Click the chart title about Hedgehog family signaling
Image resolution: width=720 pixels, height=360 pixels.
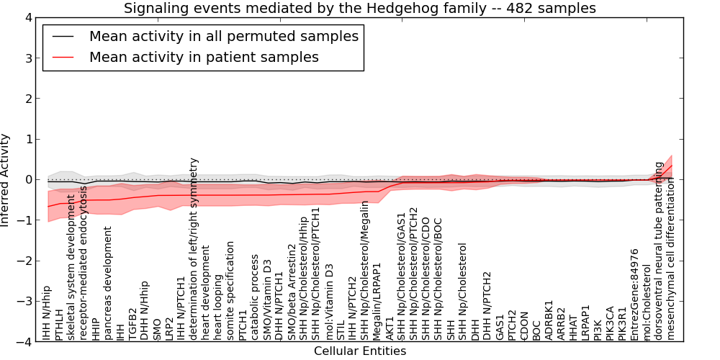tap(359, 9)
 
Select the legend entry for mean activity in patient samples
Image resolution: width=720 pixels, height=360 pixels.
tap(203, 57)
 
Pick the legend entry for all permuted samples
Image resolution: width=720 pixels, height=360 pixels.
tap(223, 36)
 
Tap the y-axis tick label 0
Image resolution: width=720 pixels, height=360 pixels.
tap(27, 180)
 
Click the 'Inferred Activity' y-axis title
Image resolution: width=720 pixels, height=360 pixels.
tap(6, 180)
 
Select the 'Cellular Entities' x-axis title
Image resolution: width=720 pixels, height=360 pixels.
tap(359, 351)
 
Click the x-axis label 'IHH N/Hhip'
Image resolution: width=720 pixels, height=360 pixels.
tap(47, 311)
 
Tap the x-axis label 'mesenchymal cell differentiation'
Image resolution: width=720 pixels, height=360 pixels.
tap(672, 259)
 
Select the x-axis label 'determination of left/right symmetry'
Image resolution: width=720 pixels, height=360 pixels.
tap(194, 248)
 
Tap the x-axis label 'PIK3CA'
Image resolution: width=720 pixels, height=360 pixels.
tap(611, 321)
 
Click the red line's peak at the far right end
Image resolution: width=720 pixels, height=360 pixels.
tap(672, 166)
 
